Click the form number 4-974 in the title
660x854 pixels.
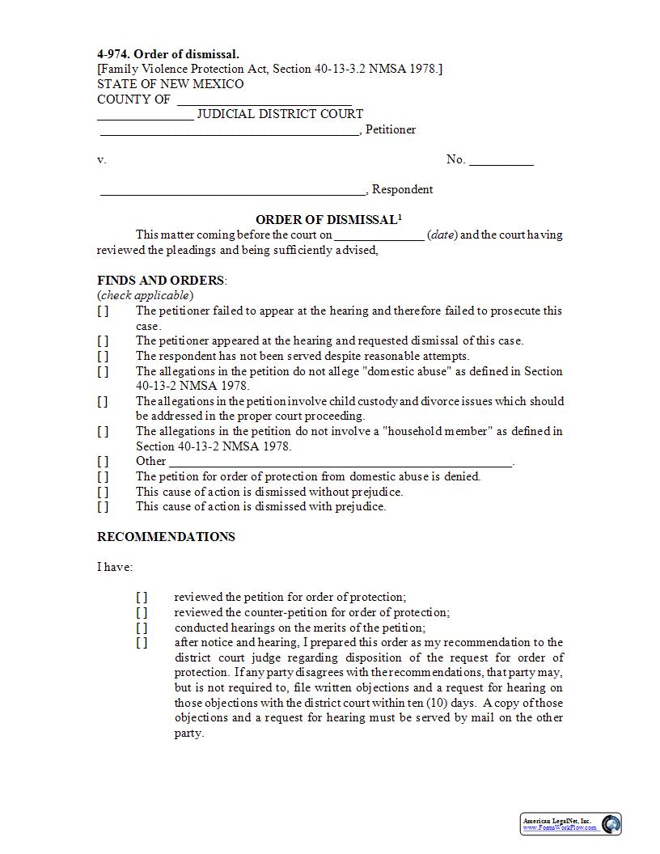tap(113, 54)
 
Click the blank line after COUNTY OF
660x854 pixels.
tap(264, 101)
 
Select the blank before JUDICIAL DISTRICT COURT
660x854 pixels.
tap(146, 116)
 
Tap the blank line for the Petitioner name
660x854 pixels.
tap(229, 131)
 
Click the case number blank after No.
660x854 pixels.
tap(501, 161)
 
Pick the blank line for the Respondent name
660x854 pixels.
tap(233, 191)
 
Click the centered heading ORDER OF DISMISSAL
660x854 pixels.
tap(328, 220)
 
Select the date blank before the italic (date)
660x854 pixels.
tap(379, 236)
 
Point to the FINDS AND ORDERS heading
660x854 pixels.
tap(161, 281)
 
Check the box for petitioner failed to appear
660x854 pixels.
tap(103, 311)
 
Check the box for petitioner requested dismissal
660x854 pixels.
tap(103, 341)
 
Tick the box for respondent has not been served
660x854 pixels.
tap(103, 356)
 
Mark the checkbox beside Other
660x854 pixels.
tap(103, 462)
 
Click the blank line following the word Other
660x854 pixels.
tap(340, 463)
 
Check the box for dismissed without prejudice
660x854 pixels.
tap(103, 492)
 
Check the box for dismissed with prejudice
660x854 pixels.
tap(103, 507)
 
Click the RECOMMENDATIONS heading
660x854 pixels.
tap(166, 537)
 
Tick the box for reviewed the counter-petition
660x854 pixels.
tap(142, 613)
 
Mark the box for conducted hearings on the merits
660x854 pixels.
tap(142, 628)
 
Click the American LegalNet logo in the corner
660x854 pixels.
tap(571, 823)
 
